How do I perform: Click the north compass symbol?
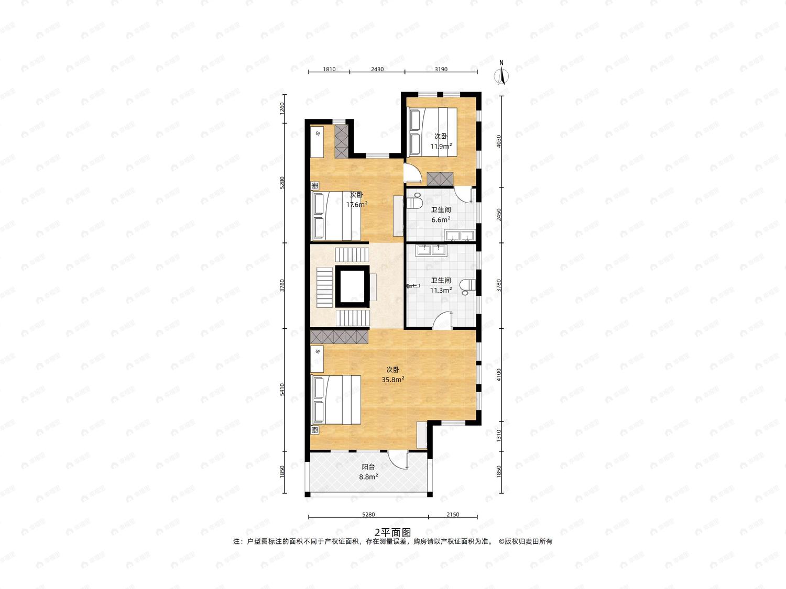501,73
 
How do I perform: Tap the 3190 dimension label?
441,69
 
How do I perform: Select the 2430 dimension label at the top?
377,69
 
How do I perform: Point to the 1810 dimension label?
329,69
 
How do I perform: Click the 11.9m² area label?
441,146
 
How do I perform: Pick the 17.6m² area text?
357,205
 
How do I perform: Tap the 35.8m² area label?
393,380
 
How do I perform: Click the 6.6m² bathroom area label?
441,219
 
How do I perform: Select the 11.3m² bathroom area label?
441,290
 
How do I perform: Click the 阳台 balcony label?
368,466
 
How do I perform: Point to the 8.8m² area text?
368,477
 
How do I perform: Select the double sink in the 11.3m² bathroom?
431,250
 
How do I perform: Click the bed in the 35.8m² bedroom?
336,399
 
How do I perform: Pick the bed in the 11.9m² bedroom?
433,132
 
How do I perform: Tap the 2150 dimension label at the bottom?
453,514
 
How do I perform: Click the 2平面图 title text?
392,533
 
